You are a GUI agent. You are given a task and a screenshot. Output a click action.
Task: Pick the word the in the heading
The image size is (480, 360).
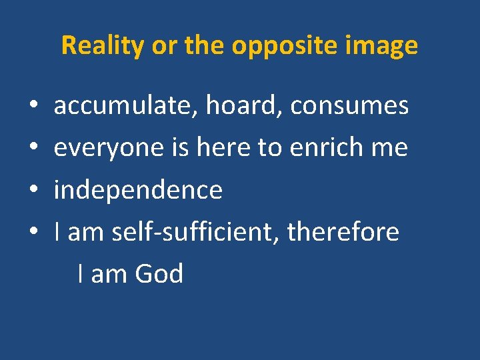201,45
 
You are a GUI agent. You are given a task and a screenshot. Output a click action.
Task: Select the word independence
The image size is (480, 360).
138,190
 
